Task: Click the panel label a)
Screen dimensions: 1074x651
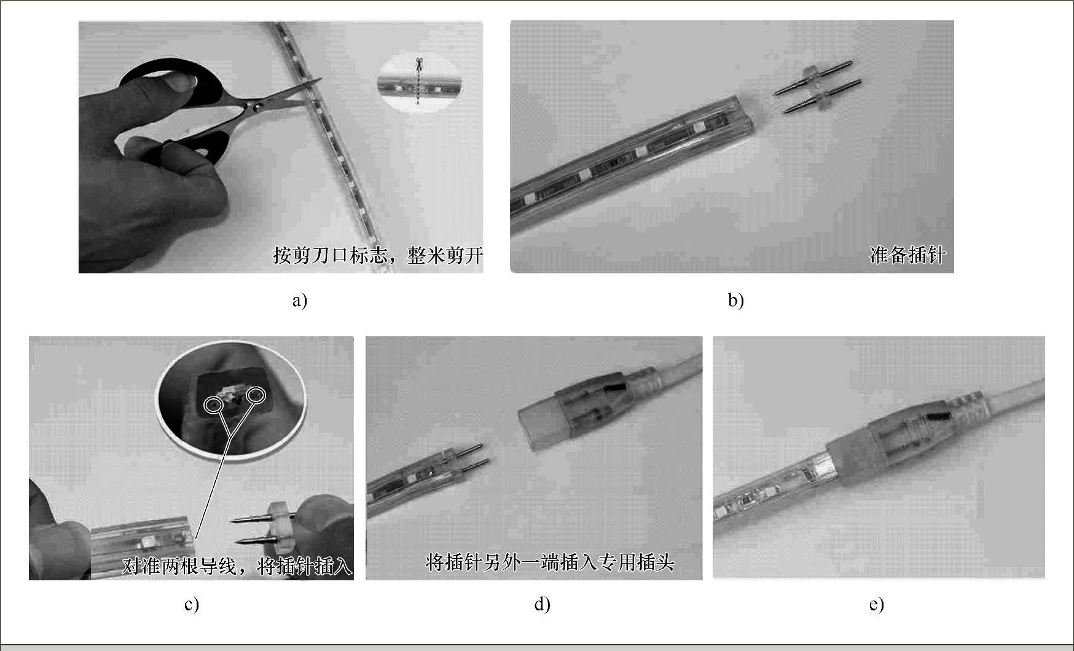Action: click(300, 301)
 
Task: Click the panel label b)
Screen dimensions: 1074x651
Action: click(735, 301)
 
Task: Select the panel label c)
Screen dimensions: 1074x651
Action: click(192, 605)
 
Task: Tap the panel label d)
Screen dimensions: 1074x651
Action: click(542, 605)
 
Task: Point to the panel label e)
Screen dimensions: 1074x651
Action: click(876, 605)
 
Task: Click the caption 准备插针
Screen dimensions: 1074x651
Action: click(907, 255)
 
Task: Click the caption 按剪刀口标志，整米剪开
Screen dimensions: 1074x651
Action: click(378, 255)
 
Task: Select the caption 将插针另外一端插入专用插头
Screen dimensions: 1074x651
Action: click(550, 562)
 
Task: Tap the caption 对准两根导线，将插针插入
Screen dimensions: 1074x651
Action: click(237, 566)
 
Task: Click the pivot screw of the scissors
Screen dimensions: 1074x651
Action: click(255, 107)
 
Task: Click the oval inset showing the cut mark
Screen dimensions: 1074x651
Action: click(418, 84)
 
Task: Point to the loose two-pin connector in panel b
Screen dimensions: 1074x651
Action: click(818, 87)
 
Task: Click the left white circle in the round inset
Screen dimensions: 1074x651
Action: click(214, 404)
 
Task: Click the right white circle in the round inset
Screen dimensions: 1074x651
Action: click(255, 395)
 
